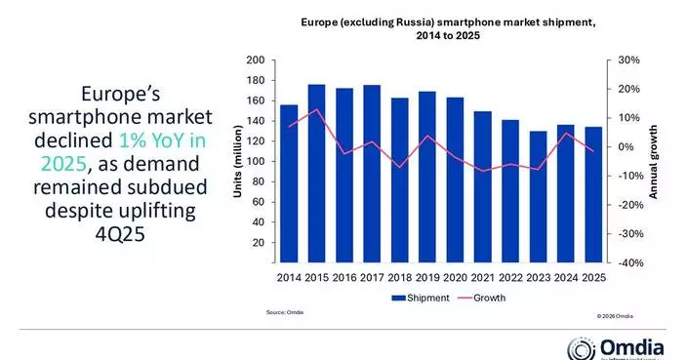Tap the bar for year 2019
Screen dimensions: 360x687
(x=427, y=177)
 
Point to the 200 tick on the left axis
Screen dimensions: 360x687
(x=256, y=60)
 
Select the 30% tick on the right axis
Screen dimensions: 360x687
(x=628, y=60)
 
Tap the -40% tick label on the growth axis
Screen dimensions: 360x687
(x=627, y=262)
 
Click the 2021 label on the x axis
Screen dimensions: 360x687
(x=483, y=278)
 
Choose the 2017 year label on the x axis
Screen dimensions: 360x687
(x=372, y=278)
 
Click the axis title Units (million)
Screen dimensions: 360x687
(x=237, y=162)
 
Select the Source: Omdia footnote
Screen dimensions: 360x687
(x=282, y=312)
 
